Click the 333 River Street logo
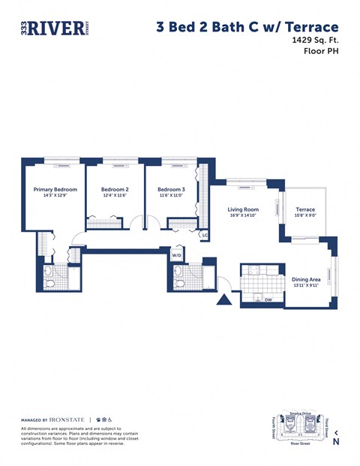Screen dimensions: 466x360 54,27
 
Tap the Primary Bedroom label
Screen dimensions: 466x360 55,190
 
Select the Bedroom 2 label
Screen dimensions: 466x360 115,190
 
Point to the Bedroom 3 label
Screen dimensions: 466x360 172,190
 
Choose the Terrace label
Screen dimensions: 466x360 305,209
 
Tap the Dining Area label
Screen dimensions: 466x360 305,280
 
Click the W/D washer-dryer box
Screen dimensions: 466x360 178,255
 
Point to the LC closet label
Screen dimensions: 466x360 204,235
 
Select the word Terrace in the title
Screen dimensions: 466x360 307,27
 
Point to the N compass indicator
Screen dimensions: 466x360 336,440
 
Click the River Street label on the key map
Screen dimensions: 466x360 300,443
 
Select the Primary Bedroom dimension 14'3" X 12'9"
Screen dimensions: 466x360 55,196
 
